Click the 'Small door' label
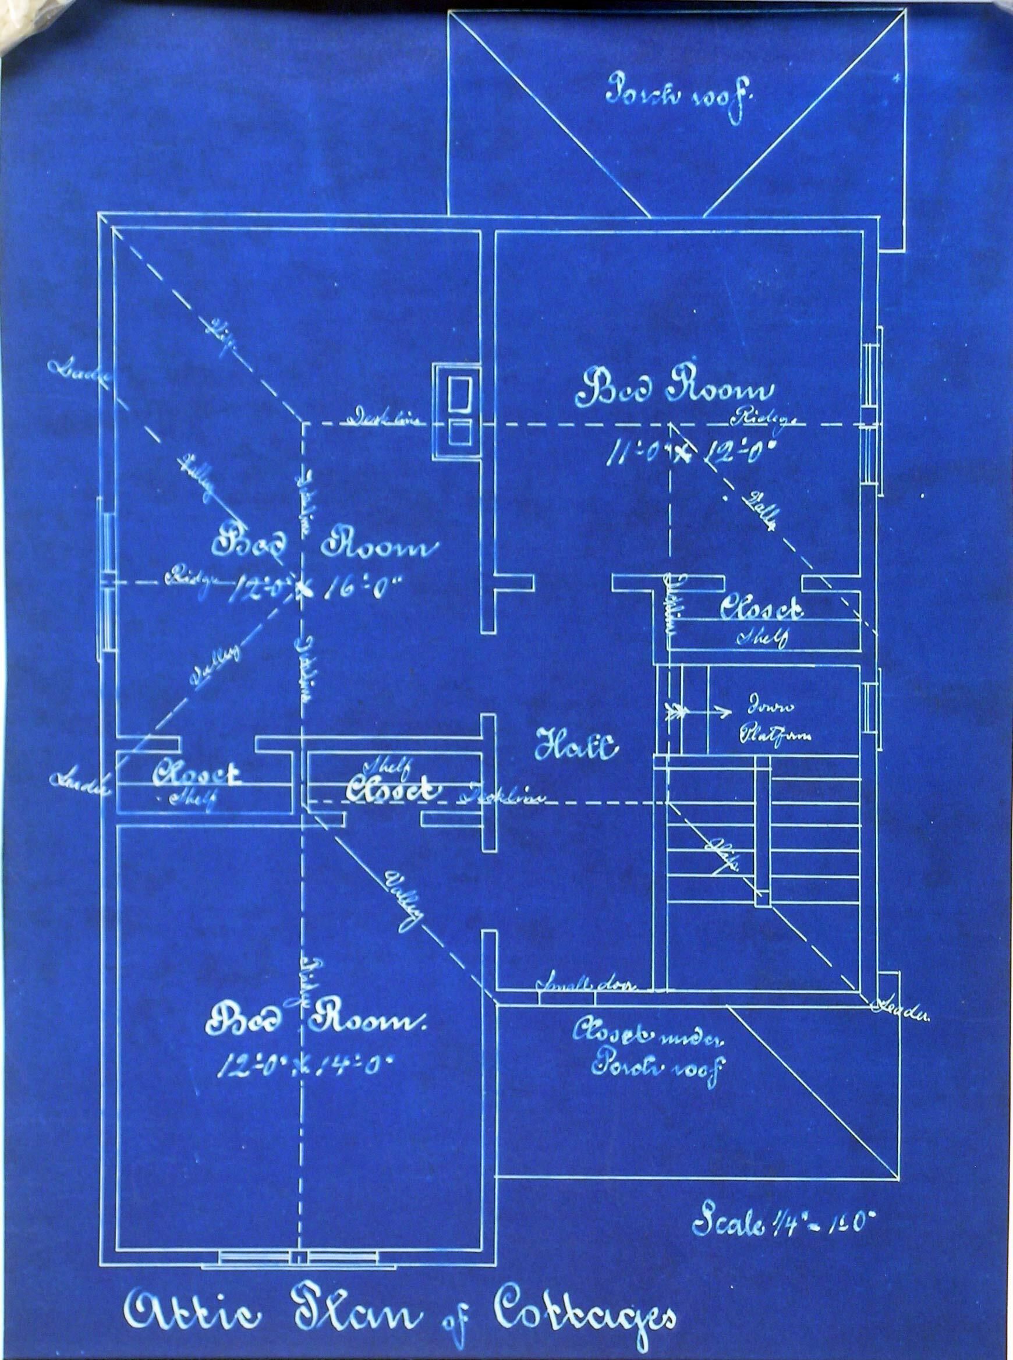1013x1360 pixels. tap(587, 984)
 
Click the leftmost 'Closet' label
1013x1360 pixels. tap(197, 775)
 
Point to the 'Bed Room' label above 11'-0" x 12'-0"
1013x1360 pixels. tap(674, 391)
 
